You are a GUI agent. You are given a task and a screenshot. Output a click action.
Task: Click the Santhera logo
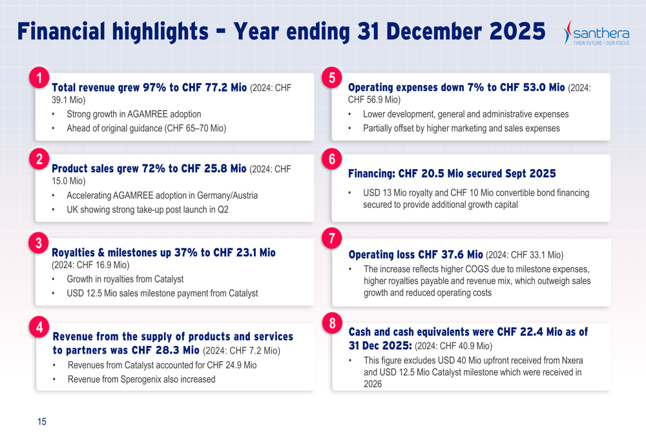[x=596, y=32]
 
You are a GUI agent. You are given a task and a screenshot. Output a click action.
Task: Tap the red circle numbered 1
[x=39, y=78]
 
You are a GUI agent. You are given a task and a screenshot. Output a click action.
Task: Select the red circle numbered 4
[x=39, y=327]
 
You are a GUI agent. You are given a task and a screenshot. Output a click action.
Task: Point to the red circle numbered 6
[x=332, y=159]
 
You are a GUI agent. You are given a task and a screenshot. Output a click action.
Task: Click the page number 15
[x=42, y=422]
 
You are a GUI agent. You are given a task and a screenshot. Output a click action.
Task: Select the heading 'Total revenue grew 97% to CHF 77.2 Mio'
[x=149, y=88]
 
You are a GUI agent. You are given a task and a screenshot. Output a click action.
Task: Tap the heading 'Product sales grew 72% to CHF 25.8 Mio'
[x=149, y=169]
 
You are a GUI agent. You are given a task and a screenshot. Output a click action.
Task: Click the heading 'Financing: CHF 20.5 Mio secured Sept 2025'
[x=452, y=174]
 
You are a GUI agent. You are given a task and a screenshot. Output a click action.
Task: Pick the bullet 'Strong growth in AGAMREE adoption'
[x=134, y=114]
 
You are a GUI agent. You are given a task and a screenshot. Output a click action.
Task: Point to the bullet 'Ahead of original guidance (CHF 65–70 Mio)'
[x=146, y=128]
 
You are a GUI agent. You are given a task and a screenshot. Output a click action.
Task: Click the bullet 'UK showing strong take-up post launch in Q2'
[x=147, y=210]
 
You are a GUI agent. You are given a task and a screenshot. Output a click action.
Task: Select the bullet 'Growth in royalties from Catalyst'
[x=125, y=279]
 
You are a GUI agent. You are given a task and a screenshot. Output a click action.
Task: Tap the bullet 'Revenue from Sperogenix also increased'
[x=141, y=379]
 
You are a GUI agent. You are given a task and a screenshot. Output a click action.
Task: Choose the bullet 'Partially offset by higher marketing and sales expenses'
[x=461, y=128]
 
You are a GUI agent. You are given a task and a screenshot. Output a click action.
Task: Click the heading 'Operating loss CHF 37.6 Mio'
[x=415, y=254]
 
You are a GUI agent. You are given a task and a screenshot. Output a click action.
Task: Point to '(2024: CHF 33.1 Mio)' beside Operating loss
[x=524, y=255]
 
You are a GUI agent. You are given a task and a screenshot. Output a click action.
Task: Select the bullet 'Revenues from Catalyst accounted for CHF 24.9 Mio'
[x=162, y=365]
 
